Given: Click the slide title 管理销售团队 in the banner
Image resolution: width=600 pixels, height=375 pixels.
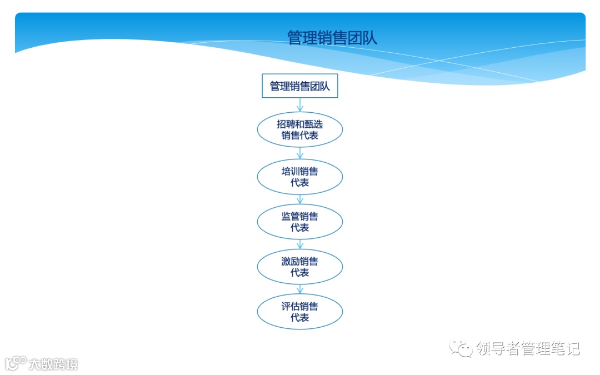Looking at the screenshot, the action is point(332,38).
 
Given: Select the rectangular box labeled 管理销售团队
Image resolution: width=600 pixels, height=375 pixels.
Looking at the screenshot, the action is point(299,86).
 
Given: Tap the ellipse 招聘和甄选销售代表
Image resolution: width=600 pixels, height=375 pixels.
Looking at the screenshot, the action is point(299,129).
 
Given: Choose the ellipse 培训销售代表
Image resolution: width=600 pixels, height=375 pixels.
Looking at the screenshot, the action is point(299,177).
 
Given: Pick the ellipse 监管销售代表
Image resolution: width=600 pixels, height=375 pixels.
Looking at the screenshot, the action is point(299,222).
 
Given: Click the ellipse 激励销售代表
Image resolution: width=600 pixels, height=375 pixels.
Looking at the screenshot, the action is point(299,267).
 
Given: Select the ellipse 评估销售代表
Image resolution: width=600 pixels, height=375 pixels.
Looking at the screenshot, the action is point(299,312).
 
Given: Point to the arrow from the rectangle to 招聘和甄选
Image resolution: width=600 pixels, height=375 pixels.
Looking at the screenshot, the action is point(300,105).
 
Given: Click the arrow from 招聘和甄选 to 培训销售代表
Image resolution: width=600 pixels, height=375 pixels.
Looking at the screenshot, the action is point(300,153).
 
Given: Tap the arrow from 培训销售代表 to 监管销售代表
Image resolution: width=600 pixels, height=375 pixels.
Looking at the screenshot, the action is point(300,198).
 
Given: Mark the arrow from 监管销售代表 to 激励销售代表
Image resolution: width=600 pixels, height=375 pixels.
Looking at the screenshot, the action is point(300,243).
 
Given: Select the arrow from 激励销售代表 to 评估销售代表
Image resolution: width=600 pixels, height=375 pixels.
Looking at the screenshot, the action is point(300,288).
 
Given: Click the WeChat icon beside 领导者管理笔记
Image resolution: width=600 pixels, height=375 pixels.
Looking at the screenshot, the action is point(461,348).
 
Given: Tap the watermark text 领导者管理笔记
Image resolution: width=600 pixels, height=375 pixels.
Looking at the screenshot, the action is point(528,349).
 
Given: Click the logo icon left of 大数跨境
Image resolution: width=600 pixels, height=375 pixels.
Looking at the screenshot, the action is point(15,363).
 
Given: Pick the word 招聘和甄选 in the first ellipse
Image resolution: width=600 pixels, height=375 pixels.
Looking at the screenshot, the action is point(299,124).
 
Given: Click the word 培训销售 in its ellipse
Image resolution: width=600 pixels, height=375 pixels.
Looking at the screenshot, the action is point(299,171).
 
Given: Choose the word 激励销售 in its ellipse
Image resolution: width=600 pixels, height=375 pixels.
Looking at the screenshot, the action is point(299,261).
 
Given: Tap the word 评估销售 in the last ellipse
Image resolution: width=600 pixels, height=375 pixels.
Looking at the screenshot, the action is point(299,306).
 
